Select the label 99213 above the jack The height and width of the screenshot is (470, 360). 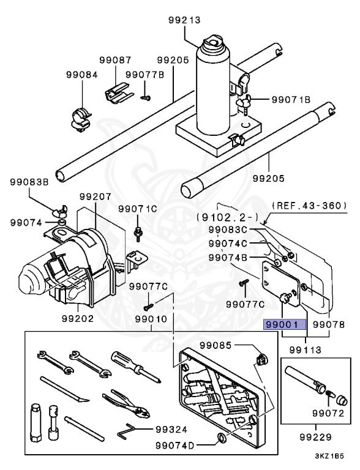(184, 20)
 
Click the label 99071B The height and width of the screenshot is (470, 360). (291, 99)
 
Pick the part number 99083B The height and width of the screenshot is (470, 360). (29, 182)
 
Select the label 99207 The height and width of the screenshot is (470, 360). (95, 197)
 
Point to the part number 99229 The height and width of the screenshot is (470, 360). (317, 437)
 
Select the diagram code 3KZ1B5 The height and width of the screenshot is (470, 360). (331, 456)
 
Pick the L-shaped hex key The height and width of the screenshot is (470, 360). (129, 433)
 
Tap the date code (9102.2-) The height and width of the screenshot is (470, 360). (223, 216)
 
